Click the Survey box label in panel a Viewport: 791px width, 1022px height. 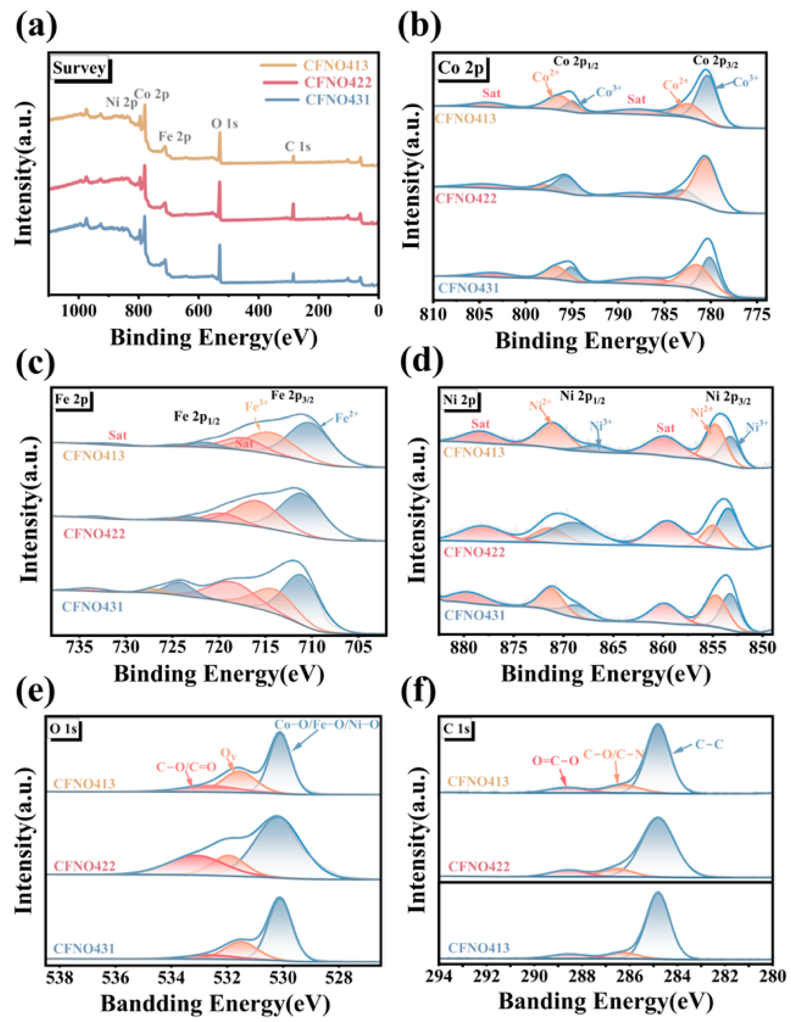79,68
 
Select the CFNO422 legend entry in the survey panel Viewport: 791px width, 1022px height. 337,83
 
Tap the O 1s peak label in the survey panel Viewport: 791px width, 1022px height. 224,123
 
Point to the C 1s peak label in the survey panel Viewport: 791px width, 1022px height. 298,147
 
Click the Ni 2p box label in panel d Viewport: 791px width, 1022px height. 460,400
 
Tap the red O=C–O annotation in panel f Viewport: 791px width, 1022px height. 556,761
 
